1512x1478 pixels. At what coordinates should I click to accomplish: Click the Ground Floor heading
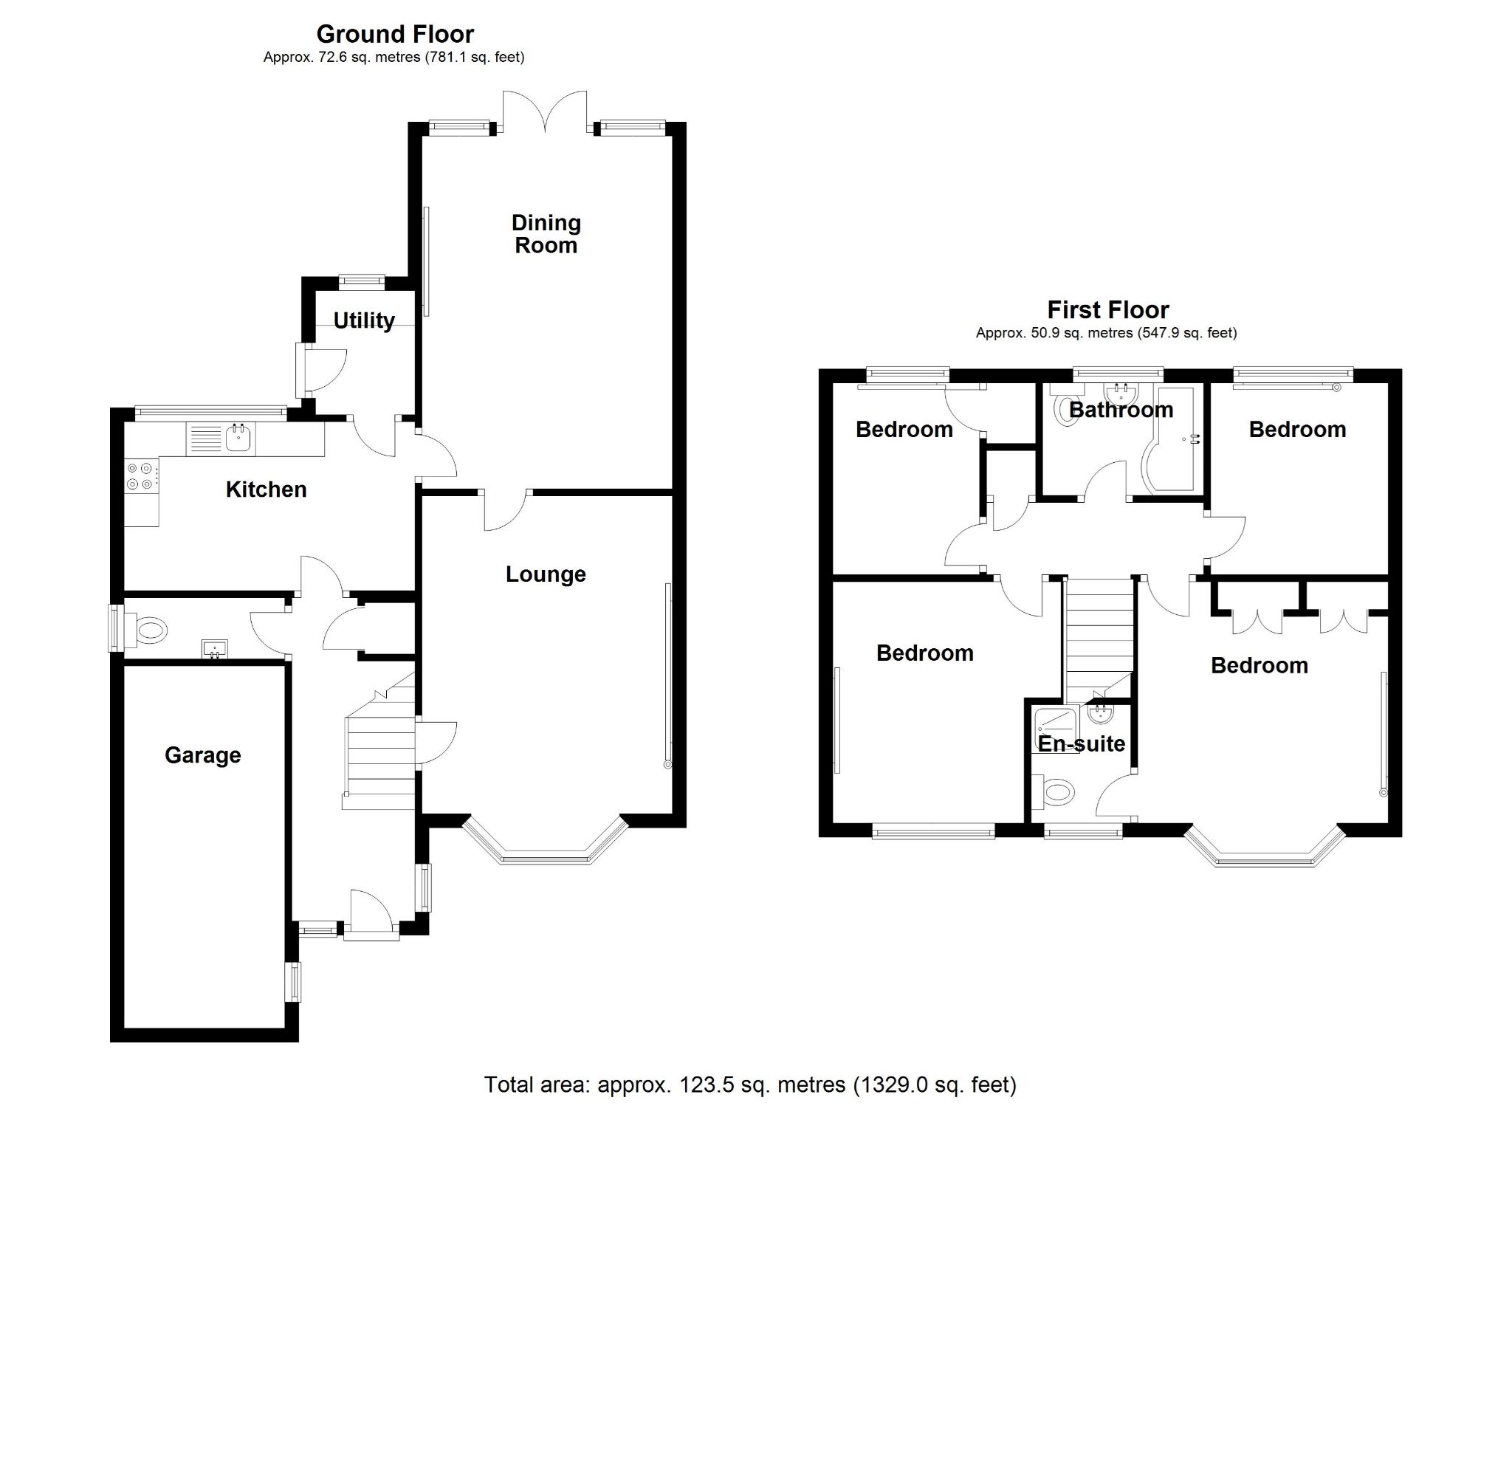tap(394, 34)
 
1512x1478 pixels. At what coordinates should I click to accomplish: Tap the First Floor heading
tap(1107, 310)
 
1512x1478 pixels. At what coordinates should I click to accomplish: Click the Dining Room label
tap(546, 233)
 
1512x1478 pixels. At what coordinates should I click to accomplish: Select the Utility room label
tap(363, 320)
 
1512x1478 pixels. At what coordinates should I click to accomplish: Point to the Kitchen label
tap(266, 489)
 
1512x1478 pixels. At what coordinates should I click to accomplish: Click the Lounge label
tap(545, 574)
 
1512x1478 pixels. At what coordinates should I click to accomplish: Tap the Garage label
tap(202, 755)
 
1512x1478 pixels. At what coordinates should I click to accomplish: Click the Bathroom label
tap(1120, 409)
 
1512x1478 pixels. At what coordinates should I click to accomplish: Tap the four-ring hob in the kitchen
tap(141, 476)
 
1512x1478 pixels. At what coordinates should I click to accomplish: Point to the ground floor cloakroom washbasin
tap(214, 647)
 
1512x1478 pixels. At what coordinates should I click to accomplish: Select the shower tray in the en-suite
tap(1054, 729)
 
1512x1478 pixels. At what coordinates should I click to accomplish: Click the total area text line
tap(749, 1085)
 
